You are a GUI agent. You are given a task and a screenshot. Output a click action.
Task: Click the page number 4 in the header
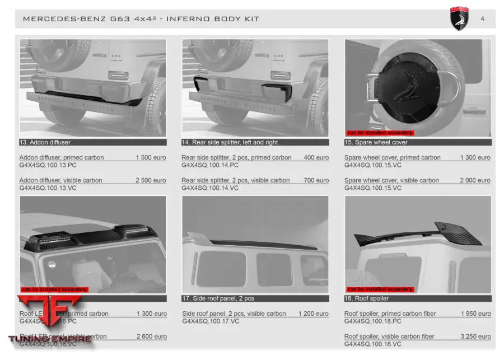(483, 18)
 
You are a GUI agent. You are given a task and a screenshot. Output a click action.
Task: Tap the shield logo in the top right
(459, 19)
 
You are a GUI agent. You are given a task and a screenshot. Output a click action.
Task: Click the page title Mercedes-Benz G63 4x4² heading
(141, 19)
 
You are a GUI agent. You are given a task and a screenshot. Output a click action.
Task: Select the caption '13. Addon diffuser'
(45, 142)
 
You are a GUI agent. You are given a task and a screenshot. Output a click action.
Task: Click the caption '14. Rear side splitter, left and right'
(230, 142)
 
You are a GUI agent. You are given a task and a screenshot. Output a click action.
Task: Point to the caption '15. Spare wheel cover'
(376, 142)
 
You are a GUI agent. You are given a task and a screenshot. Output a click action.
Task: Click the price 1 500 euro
(151, 157)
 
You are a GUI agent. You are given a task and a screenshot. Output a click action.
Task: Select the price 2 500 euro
(151, 180)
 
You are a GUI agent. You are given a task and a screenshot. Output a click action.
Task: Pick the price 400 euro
(316, 157)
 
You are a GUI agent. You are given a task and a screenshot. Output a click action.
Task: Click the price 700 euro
(316, 180)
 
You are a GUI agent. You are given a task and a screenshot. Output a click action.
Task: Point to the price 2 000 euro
(475, 180)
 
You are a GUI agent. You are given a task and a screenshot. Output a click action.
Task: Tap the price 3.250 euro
(475, 336)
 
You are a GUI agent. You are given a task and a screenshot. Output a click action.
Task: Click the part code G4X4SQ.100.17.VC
(211, 321)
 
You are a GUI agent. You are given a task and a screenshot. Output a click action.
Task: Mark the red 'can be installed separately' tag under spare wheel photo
(380, 133)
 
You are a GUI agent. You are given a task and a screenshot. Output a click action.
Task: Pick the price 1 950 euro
(475, 314)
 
